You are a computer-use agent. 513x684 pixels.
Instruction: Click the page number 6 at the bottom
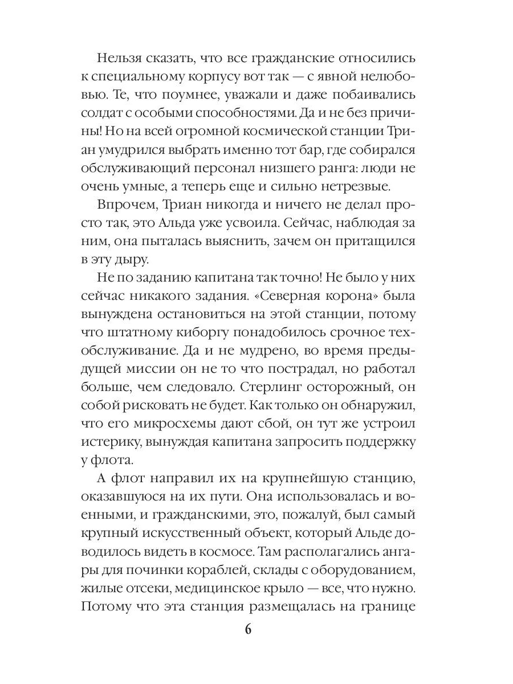click(248, 629)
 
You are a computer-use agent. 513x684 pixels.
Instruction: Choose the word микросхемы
click(172, 422)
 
